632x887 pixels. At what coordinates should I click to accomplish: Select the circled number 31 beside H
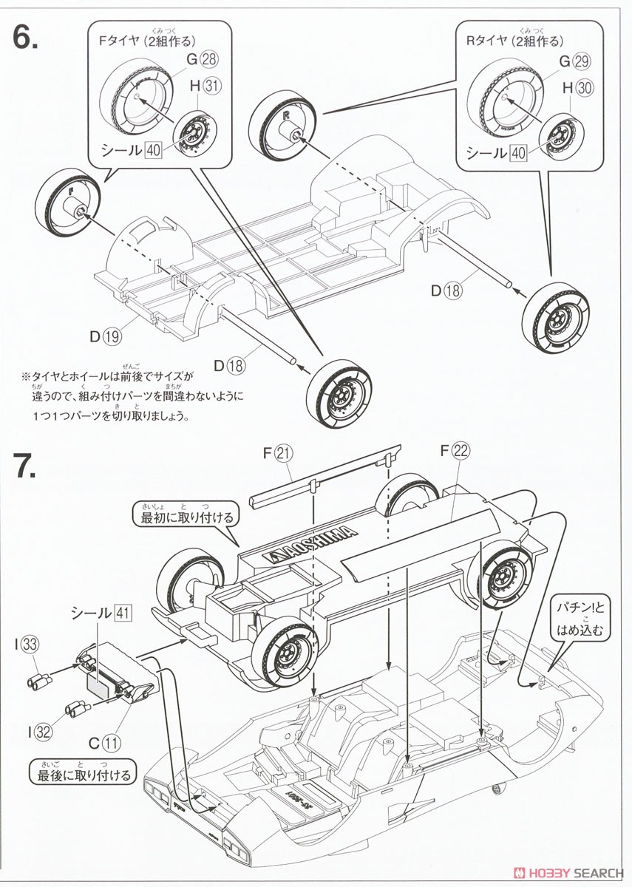(x=213, y=86)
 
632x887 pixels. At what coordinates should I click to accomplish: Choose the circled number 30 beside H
(x=584, y=87)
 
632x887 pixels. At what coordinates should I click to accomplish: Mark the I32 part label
(x=38, y=732)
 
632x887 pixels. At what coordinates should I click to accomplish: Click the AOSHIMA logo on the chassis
(x=310, y=544)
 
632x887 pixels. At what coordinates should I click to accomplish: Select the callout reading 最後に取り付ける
(x=83, y=774)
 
